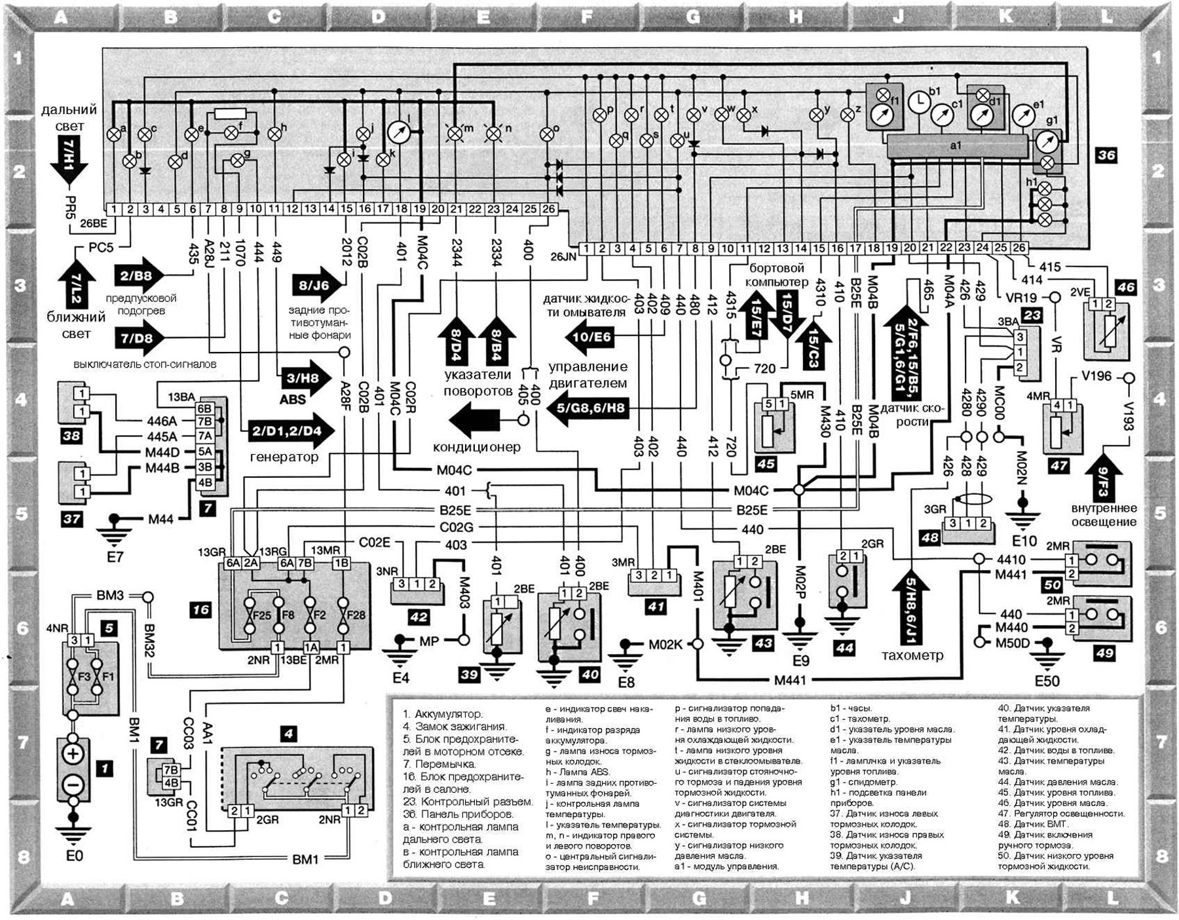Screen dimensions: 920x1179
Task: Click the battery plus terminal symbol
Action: coord(73,754)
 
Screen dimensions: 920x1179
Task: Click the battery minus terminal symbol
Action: coord(73,784)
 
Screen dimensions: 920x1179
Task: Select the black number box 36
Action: coord(1106,155)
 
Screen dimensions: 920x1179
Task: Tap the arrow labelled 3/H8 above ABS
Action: coord(304,378)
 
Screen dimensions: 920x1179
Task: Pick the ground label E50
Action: coord(1047,681)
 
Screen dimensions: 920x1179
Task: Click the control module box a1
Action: coord(956,145)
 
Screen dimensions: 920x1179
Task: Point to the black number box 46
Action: coord(1126,287)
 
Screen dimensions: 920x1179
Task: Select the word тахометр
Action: coord(912,655)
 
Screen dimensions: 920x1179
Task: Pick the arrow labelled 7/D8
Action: coord(138,338)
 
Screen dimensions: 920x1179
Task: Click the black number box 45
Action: coord(765,464)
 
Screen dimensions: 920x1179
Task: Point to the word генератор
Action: coord(284,457)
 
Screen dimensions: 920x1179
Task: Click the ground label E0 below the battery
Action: coord(74,856)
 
